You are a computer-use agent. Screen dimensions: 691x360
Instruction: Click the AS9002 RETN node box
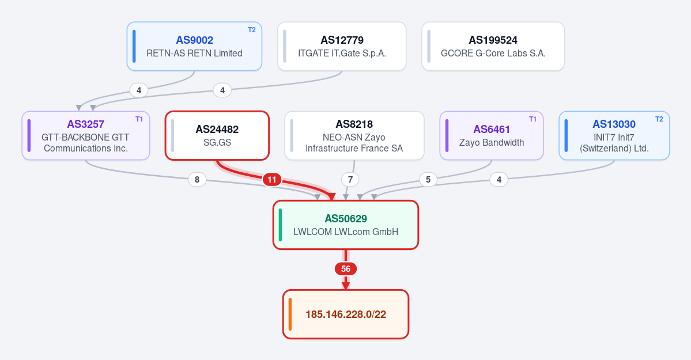[194, 46]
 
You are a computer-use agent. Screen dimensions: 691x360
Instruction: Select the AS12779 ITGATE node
[342, 46]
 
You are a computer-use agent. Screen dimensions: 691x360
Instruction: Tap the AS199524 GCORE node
[493, 46]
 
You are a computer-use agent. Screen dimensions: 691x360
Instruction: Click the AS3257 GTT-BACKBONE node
[86, 136]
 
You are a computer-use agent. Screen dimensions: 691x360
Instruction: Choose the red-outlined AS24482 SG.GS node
[217, 136]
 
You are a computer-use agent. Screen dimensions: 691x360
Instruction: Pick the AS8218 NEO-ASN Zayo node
[354, 136]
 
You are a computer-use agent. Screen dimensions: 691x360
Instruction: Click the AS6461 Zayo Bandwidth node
[492, 136]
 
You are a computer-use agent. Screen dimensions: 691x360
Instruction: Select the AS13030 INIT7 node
[614, 136]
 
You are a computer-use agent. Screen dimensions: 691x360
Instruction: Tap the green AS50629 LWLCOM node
[346, 225]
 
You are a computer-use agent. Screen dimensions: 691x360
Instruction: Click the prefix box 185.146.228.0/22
[346, 314]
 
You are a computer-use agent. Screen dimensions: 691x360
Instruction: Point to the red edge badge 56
[346, 269]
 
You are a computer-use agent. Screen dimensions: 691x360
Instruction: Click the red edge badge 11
[272, 180]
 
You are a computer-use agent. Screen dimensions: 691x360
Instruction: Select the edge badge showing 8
[197, 179]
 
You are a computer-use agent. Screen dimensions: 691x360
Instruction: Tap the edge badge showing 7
[350, 179]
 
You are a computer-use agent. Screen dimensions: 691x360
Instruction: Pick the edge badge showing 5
[428, 179]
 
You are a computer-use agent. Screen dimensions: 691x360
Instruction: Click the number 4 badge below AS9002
[139, 90]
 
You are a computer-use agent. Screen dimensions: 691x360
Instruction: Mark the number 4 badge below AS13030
[499, 179]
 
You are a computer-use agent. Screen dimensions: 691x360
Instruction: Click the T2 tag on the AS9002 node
[252, 30]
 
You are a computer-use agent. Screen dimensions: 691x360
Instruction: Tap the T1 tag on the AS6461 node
[533, 119]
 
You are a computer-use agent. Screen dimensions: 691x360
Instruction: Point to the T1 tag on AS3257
[139, 119]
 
